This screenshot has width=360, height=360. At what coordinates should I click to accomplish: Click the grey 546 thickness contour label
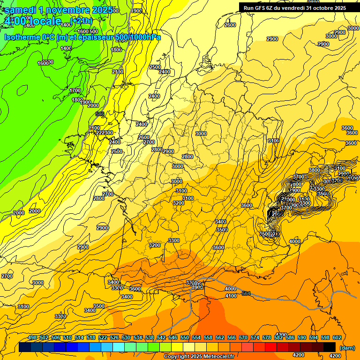(100, 114)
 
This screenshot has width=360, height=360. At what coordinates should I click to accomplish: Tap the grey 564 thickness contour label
(246, 293)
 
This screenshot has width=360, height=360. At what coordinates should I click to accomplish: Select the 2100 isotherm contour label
(118, 72)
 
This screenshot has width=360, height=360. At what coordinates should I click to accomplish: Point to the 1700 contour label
(75, 90)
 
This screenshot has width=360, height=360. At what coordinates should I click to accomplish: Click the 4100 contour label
(231, 296)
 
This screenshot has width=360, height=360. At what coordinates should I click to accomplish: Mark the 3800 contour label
(315, 170)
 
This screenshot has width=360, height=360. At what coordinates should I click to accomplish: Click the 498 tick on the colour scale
(32, 337)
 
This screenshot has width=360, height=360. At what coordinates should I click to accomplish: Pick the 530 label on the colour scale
(126, 337)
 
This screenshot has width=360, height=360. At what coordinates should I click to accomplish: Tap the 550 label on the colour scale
(185, 337)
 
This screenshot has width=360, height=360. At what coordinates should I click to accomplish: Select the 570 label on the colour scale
(243, 337)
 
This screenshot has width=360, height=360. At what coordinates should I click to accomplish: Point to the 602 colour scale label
(337, 337)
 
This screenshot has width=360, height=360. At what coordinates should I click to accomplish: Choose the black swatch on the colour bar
(330, 347)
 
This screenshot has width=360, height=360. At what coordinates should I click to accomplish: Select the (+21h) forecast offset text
(82, 21)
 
